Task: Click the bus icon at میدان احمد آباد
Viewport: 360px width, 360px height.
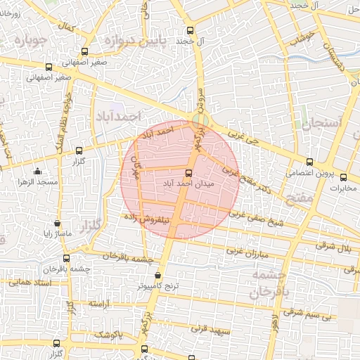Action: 188,172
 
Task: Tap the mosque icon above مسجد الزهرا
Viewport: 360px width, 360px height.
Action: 37,171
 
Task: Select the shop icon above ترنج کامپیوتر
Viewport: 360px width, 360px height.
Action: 157,275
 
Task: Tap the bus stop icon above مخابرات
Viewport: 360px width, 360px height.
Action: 344,177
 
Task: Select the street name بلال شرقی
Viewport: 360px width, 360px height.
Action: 337,247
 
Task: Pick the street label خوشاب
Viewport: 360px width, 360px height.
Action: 307,39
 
